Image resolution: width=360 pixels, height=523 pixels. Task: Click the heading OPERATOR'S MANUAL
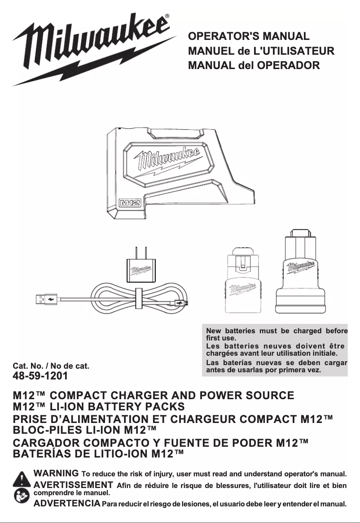[249, 36]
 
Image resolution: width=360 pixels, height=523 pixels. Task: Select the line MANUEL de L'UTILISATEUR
[262, 51]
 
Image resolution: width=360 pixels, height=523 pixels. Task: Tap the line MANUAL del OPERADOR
[254, 65]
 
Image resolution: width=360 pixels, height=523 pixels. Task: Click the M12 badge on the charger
[130, 203]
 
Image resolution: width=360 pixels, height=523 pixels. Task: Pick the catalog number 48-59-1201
[40, 375]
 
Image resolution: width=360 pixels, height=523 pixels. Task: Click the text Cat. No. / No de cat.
[51, 366]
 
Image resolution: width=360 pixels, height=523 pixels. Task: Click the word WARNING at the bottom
[57, 474]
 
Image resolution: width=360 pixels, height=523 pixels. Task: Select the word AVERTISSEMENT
[73, 485]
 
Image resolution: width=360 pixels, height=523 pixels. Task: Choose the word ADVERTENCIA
[67, 503]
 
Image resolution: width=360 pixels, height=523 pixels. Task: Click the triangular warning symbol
[21, 479]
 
